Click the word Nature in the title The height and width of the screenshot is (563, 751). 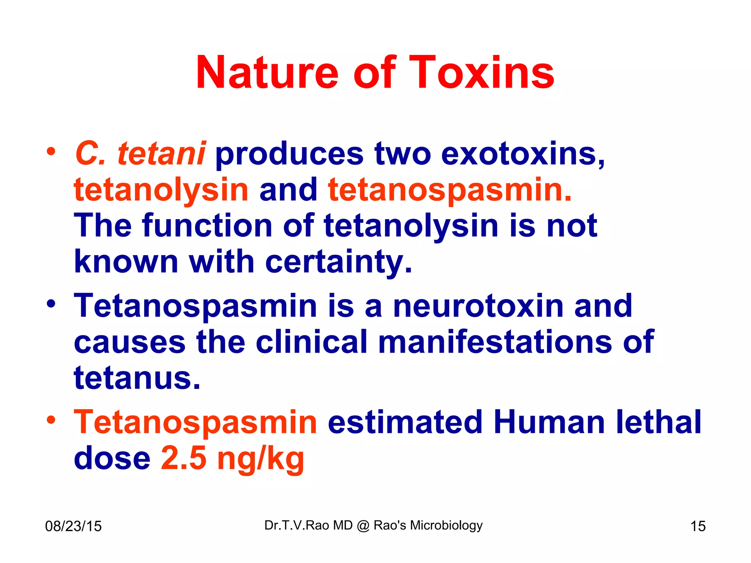coord(267,73)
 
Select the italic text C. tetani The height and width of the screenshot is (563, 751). coord(140,154)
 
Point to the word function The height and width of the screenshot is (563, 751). coord(207,226)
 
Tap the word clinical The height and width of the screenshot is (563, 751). coord(311,342)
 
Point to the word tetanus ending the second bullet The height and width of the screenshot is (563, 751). coord(137,378)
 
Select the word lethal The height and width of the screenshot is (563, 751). coord(659,422)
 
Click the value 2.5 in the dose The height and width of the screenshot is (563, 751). coord(184,458)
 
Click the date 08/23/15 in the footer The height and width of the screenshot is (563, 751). coord(73,526)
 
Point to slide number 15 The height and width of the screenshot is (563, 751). coord(698,526)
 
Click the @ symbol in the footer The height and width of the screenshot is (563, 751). coord(363,526)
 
